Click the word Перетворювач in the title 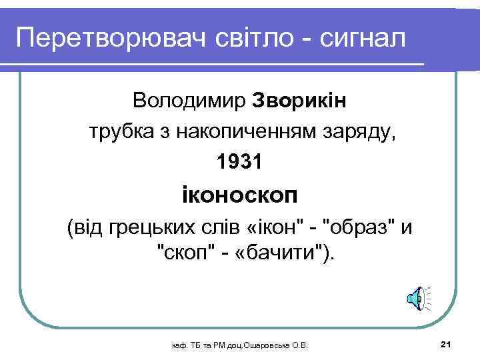pos(110,39)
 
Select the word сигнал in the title pos(363,39)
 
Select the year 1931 pos(239,161)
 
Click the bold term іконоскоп pos(239,197)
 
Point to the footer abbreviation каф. pos(179,345)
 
